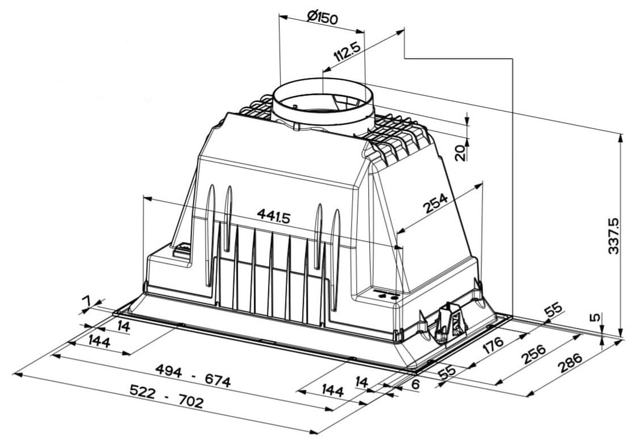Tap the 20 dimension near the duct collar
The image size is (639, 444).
tap(460, 153)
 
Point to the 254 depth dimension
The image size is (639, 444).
tap(436, 203)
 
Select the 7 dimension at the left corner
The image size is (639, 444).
tap(86, 301)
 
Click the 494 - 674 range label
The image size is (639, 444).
tap(193, 376)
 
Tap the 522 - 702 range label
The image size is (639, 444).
tap(166, 396)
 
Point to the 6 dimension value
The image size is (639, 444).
tap(415, 384)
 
